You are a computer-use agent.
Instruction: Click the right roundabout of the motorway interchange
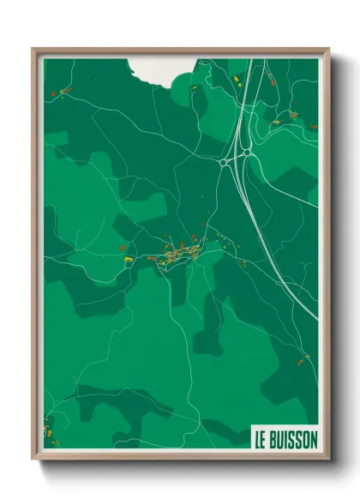[x=246, y=154]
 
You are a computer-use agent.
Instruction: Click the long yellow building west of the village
[x=127, y=257]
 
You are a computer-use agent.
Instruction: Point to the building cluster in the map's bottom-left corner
[x=47, y=427]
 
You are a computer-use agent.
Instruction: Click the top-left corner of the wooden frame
[x=33, y=49]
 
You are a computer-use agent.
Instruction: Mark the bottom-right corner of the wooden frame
[x=328, y=460]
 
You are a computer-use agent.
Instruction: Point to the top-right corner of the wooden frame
[x=328, y=49]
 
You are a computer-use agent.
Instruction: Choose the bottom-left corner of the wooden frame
[x=33, y=460]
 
